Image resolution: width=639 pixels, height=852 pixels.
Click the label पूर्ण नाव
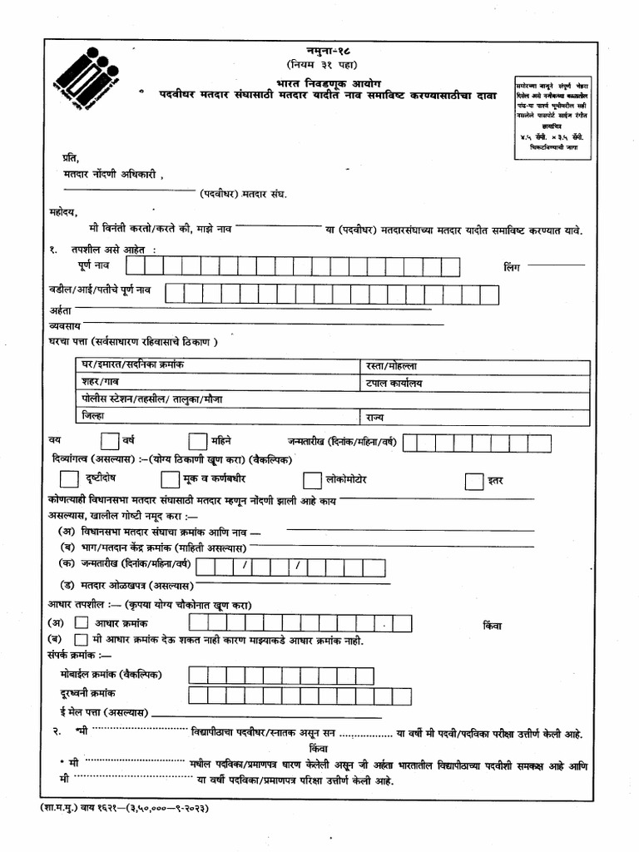(97, 266)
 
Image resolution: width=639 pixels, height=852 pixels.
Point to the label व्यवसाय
(62, 325)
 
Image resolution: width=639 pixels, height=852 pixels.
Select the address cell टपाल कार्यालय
(394, 383)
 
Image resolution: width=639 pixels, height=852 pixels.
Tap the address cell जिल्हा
(93, 415)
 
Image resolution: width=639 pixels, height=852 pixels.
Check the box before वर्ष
(110, 441)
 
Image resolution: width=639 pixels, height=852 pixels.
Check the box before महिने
(197, 441)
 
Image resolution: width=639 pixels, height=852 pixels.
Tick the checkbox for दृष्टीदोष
(70, 479)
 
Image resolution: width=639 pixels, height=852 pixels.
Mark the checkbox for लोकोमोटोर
(312, 480)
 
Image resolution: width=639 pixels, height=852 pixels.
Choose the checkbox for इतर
(473, 481)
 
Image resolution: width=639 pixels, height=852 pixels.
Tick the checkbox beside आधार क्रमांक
(81, 622)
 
